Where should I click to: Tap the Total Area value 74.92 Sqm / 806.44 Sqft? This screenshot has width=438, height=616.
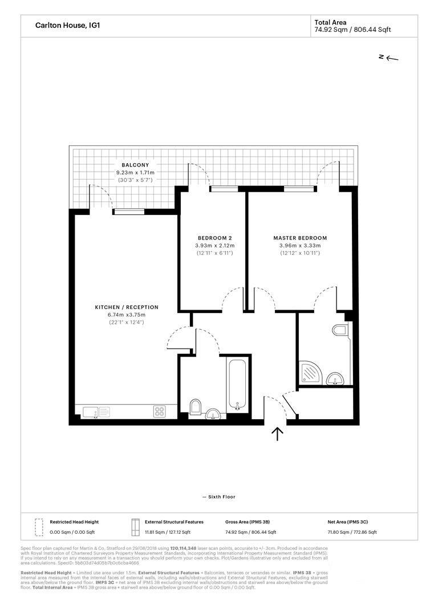pyautogui.click(x=352, y=30)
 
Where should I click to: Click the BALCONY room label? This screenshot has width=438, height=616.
pyautogui.click(x=135, y=165)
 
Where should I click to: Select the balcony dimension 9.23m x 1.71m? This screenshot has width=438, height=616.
pyautogui.click(x=135, y=173)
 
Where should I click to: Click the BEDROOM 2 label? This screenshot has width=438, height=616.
pyautogui.click(x=214, y=238)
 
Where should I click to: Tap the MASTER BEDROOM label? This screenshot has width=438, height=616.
pyautogui.click(x=300, y=238)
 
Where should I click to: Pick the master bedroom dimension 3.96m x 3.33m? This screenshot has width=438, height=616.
pyautogui.click(x=300, y=245)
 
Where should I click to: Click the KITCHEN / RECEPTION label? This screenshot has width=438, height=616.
pyautogui.click(x=127, y=307)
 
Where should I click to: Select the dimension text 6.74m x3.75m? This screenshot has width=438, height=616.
pyautogui.click(x=127, y=315)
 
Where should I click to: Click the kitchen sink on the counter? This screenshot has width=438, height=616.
pyautogui.click(x=91, y=411)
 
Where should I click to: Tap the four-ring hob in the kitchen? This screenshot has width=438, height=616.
pyautogui.click(x=160, y=411)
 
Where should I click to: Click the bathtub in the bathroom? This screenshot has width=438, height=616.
pyautogui.click(x=237, y=385)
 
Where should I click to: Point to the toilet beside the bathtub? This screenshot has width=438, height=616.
pyautogui.click(x=194, y=406)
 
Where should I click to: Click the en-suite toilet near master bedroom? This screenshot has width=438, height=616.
pyautogui.click(x=339, y=330)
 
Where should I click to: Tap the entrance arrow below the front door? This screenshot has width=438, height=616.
pyautogui.click(x=278, y=434)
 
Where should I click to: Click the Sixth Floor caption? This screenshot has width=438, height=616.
pyautogui.click(x=219, y=497)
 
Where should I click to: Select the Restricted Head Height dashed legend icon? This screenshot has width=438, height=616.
pyautogui.click(x=39, y=527)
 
